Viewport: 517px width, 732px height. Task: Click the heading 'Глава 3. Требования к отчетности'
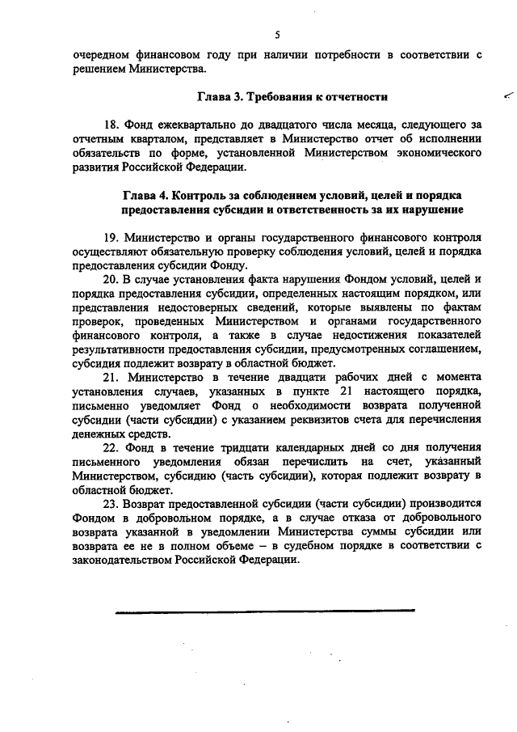(x=294, y=97)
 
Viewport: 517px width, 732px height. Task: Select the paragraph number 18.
(x=111, y=125)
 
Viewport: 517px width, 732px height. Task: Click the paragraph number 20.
(x=111, y=279)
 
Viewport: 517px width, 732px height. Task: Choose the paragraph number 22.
(x=111, y=447)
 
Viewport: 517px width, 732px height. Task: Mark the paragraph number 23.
(x=111, y=503)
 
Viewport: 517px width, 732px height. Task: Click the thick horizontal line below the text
(x=264, y=611)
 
